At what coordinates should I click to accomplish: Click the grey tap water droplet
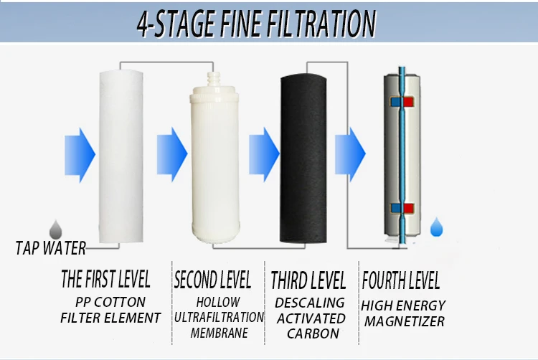tap(55, 229)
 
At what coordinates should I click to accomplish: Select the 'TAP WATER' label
tap(51, 249)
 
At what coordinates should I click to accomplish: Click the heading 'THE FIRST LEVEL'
tap(105, 280)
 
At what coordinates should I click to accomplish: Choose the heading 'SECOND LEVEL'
tap(212, 280)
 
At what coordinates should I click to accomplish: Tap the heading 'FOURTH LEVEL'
tap(400, 280)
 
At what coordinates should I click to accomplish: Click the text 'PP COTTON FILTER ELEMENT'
tap(110, 310)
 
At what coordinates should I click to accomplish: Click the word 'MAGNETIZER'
tap(404, 321)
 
